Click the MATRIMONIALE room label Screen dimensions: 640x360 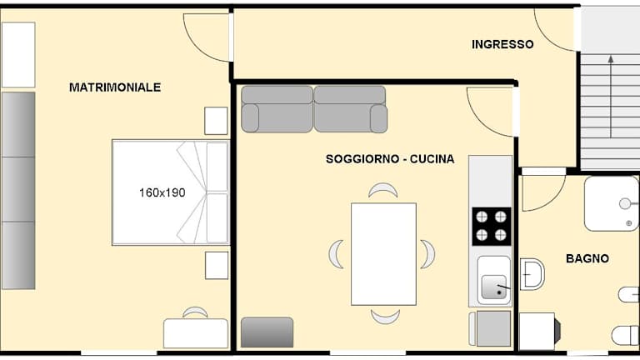coord(115,87)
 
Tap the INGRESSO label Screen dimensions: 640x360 coord(502,44)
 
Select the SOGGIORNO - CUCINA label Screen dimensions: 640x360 coord(390,159)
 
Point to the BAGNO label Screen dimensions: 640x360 coord(587,258)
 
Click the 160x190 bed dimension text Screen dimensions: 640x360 coord(162,192)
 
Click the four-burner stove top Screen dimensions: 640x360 coord(492,227)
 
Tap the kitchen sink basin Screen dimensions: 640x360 coord(494,287)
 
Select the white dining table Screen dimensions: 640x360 coord(383,254)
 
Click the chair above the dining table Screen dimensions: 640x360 coord(382,190)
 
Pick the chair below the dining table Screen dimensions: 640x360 coord(385,317)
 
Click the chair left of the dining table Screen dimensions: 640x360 coord(336,254)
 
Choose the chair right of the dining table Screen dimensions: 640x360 coord(427,254)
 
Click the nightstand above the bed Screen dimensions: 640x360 coord(216,121)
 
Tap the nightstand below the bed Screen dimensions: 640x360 coord(217,265)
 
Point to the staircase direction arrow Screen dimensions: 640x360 coord(611,97)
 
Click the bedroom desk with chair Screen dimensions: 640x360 coord(196,328)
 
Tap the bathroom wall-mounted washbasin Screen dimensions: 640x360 coord(532,274)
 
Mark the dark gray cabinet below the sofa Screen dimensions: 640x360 coord(267,332)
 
